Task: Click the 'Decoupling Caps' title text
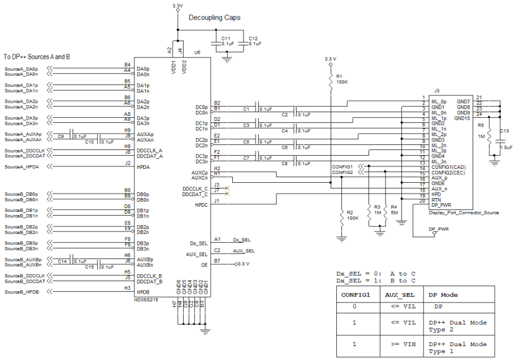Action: coord(215,18)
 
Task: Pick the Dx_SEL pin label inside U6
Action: coord(199,243)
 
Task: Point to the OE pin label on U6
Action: coord(204,265)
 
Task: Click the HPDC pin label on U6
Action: coord(201,205)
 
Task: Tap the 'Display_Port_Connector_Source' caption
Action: coord(463,213)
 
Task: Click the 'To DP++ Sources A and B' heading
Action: coord(37,57)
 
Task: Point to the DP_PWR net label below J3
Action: coord(439,229)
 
